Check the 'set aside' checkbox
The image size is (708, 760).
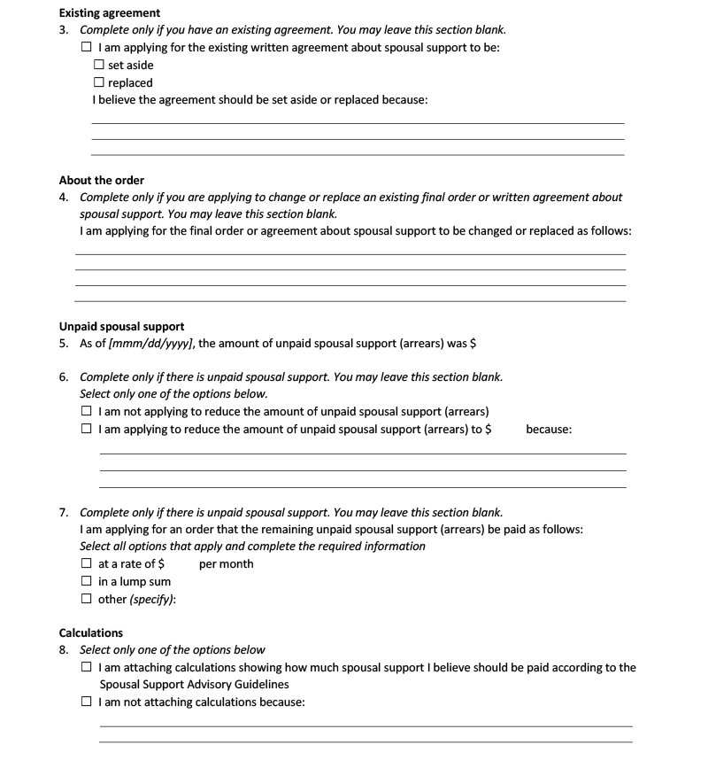pos(99,66)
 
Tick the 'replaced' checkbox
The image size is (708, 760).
pos(99,83)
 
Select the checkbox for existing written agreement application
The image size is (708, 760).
pos(86,48)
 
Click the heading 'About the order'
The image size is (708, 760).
pos(101,181)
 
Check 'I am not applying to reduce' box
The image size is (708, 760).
pos(86,412)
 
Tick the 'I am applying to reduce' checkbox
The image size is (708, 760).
pos(86,430)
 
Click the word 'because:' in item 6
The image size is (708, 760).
pos(549,430)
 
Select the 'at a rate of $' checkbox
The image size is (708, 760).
pos(86,564)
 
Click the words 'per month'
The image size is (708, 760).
pos(227,564)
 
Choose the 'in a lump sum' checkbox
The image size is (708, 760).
pos(86,582)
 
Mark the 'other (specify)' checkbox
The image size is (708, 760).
pos(86,600)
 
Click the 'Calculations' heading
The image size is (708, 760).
pos(91,633)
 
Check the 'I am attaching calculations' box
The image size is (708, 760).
pos(86,668)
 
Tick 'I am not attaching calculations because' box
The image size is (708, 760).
pos(86,702)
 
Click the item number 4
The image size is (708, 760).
pos(64,198)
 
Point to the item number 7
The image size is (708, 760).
pos(64,513)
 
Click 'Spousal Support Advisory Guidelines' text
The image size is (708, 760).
pos(194,685)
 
